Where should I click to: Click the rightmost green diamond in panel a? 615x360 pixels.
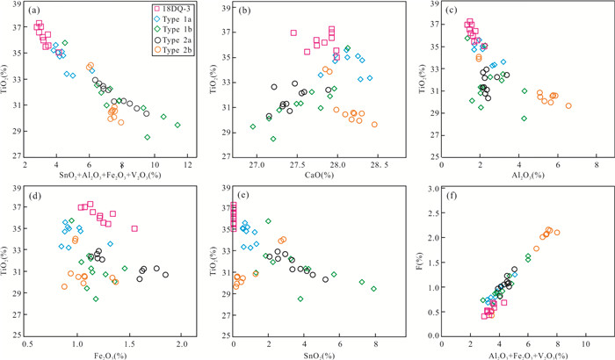click(x=177, y=125)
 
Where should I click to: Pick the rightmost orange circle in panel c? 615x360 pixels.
click(x=568, y=106)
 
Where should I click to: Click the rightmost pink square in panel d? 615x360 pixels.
click(x=134, y=228)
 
